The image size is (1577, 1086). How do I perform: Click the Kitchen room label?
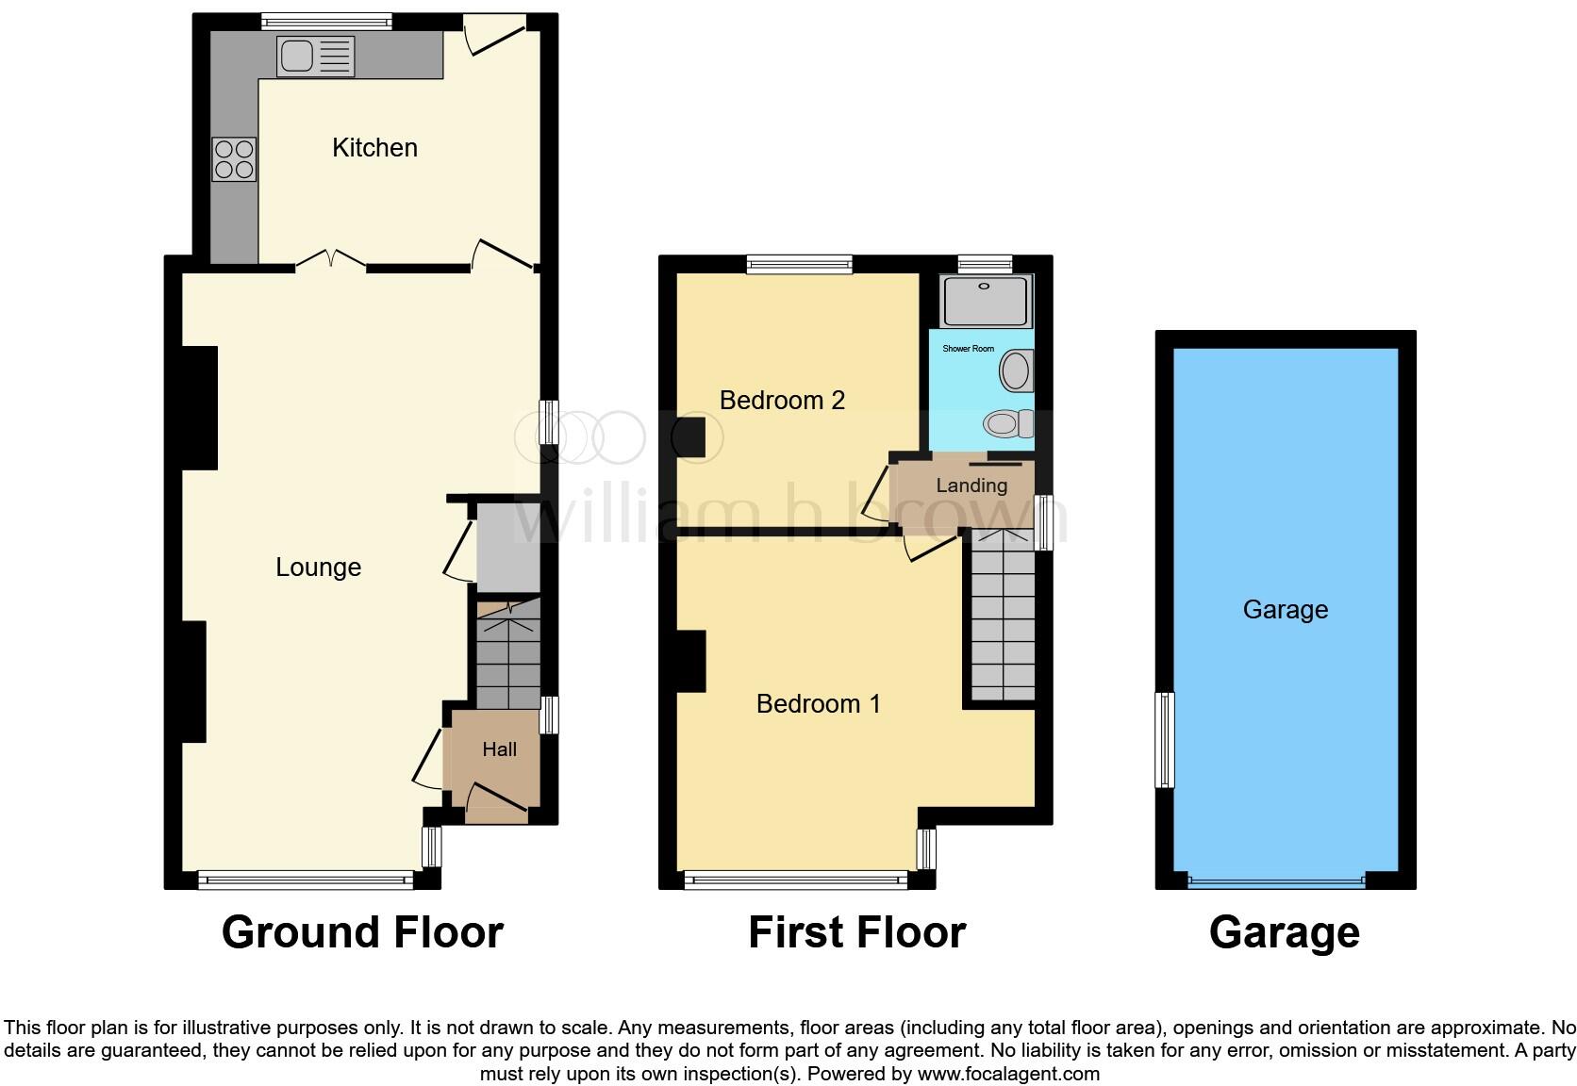coord(374,148)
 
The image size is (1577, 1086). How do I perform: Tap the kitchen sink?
coord(315,57)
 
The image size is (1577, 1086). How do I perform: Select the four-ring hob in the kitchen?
coord(234,158)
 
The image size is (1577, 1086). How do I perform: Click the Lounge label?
coord(318,568)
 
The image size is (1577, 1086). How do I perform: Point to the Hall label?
coord(499,749)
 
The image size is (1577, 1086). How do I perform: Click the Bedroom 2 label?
coord(781,401)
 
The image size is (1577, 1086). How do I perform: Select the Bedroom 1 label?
coord(818,704)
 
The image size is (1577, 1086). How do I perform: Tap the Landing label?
coord(971,485)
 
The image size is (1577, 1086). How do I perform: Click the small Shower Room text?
coord(968,349)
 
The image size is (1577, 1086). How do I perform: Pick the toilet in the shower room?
coord(1007,424)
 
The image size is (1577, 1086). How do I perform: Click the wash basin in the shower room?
coord(1016,370)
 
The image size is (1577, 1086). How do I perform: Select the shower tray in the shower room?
coord(986,301)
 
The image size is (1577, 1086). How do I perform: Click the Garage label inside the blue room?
coord(1285,610)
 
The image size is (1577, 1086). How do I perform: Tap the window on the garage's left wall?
coord(1166,740)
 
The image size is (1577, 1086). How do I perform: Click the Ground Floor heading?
coord(362,932)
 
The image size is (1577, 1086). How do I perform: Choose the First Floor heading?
coord(856,932)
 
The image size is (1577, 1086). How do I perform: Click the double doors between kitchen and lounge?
coord(331,259)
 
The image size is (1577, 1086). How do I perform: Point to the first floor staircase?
coord(1003,622)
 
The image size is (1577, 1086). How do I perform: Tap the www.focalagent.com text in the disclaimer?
coord(1008,1074)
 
